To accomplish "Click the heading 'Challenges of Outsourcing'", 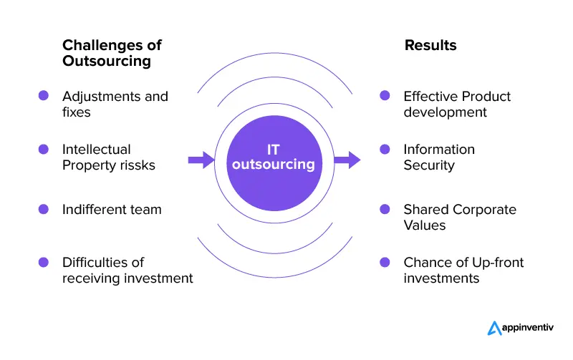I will click(112, 53).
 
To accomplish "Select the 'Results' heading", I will click(430, 45).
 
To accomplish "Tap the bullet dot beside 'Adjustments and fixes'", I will click(44, 95).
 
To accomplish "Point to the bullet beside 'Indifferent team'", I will click(44, 209).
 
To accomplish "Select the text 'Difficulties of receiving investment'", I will click(127, 270).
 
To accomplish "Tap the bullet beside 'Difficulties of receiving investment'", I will click(44, 262).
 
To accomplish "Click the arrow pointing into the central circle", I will click(201, 160).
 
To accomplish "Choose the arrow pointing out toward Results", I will click(347, 160).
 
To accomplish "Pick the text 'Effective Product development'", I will click(457, 104).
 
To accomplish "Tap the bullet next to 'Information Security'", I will click(385, 149).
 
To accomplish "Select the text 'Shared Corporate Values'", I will click(460, 217).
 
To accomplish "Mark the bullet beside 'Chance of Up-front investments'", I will click(385, 262).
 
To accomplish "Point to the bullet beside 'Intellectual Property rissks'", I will click(44, 149).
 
